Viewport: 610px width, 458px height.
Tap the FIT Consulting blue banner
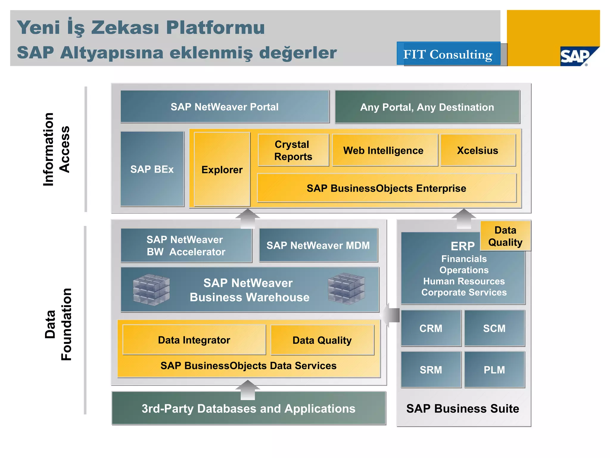448,54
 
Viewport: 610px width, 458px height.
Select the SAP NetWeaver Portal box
225,107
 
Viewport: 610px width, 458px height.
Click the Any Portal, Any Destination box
427,107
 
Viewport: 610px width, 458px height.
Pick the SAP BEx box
152,169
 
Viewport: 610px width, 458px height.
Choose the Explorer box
222,169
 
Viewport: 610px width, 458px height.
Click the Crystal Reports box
293,150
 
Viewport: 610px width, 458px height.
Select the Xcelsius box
478,150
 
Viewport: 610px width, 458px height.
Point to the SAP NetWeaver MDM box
318,245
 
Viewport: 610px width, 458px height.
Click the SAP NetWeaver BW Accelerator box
186,245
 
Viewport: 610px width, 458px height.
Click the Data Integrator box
194,340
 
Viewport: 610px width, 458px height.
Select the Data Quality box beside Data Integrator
322,340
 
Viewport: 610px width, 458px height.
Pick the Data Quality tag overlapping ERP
505,236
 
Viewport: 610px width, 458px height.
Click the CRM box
431,328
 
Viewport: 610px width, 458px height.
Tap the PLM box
494,370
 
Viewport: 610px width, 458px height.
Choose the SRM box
431,370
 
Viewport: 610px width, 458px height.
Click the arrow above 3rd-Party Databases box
248,389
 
